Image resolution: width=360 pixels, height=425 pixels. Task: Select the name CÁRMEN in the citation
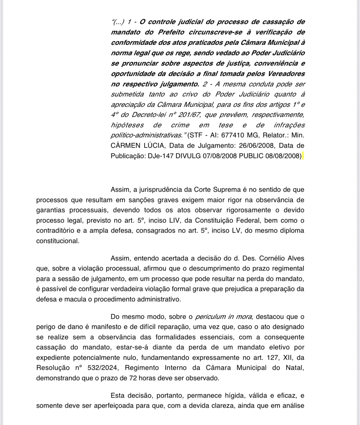(x=123, y=145)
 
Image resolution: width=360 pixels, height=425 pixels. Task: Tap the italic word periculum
(x=210, y=317)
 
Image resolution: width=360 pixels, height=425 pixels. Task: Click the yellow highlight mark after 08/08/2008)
(x=303, y=156)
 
